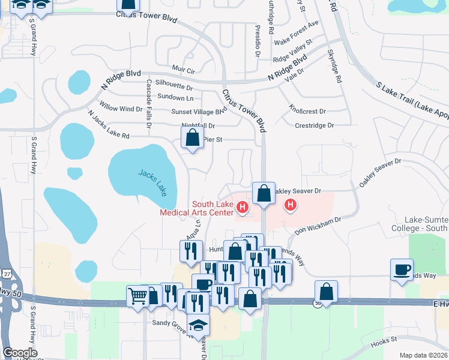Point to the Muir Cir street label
pos(182,71)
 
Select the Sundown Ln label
pos(175,97)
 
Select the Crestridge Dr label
pos(314,125)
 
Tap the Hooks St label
pos(384,340)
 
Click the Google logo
pos(20,352)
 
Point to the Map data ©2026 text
pos(423,355)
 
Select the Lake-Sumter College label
pos(426,224)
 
